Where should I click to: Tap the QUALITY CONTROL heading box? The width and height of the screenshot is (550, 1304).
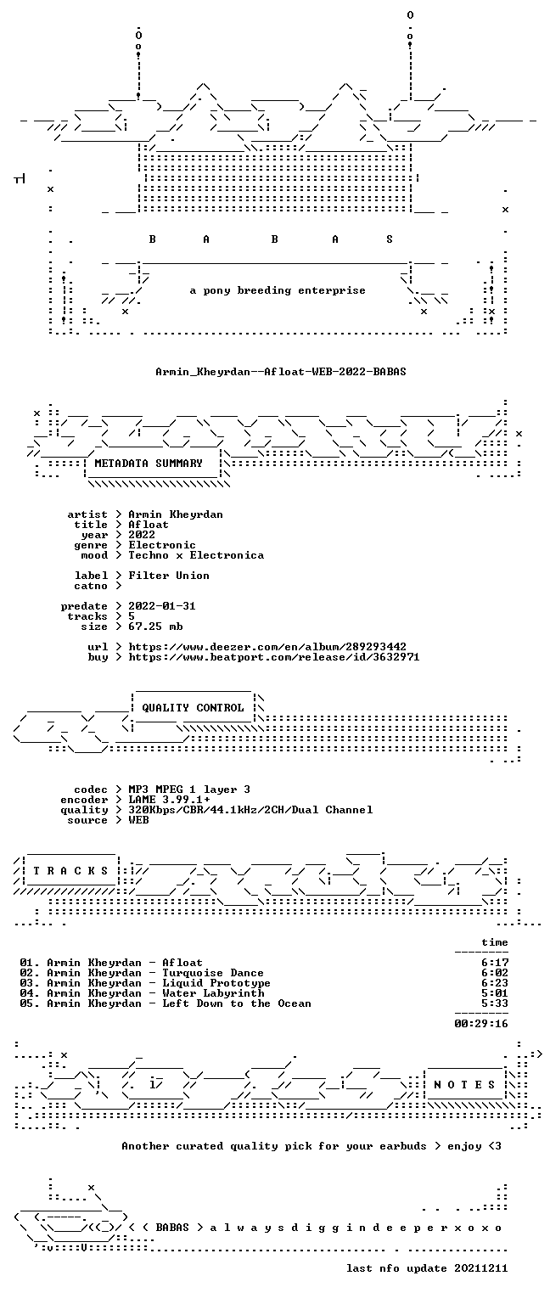click(x=193, y=708)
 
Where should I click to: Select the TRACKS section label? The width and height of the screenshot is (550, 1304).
click(x=70, y=871)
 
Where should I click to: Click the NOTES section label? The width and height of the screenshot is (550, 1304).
click(x=464, y=1084)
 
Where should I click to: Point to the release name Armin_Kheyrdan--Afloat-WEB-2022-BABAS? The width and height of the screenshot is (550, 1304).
click(x=281, y=371)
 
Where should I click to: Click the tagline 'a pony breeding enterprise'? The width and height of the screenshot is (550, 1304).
click(x=278, y=290)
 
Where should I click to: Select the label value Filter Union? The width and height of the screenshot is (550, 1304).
click(x=169, y=575)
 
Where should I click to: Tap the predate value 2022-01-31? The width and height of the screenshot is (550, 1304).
click(x=162, y=606)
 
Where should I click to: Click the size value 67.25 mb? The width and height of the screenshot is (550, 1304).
click(x=155, y=627)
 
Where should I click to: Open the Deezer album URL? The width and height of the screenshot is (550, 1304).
click(x=267, y=647)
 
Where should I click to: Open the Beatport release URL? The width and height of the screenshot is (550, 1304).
click(x=273, y=657)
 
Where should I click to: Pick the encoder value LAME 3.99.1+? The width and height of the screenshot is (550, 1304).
click(x=169, y=800)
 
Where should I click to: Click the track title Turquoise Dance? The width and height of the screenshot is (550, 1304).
click(x=212, y=973)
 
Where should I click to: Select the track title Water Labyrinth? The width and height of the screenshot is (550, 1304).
click(x=213, y=993)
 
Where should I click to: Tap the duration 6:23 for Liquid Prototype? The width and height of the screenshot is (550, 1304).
click(x=495, y=983)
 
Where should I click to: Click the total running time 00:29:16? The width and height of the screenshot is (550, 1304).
click(x=481, y=1023)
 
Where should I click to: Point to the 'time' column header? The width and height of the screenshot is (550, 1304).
click(x=495, y=942)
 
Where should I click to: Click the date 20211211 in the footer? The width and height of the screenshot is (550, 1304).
click(x=481, y=1267)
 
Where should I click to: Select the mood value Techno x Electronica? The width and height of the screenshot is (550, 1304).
click(x=196, y=555)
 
